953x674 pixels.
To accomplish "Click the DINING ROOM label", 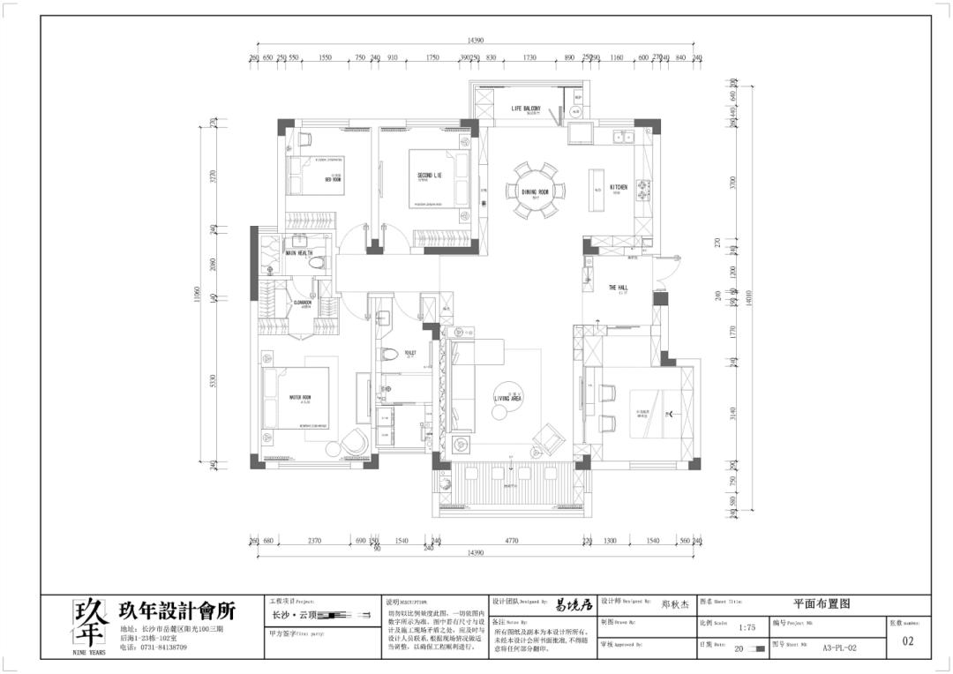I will (536, 191).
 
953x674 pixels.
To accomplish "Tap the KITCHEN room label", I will (619, 188).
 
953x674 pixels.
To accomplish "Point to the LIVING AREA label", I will (508, 399).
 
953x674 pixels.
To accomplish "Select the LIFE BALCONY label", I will (525, 109).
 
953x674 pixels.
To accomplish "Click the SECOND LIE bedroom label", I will (430, 176).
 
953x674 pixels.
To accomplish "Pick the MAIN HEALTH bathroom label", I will (298, 253).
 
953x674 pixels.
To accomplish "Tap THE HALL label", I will (618, 288).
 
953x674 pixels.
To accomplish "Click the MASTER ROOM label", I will (300, 398).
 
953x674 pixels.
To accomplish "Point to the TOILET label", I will (409, 353).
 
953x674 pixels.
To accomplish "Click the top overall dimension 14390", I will (476, 41).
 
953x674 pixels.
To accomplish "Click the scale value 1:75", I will (747, 627).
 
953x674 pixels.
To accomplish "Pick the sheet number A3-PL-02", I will (839, 647).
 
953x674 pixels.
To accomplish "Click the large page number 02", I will (908, 641).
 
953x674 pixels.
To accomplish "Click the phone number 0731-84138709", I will (160, 647).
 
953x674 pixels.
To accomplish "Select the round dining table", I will (536, 189).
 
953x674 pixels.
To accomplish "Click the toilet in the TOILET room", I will (390, 354).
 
